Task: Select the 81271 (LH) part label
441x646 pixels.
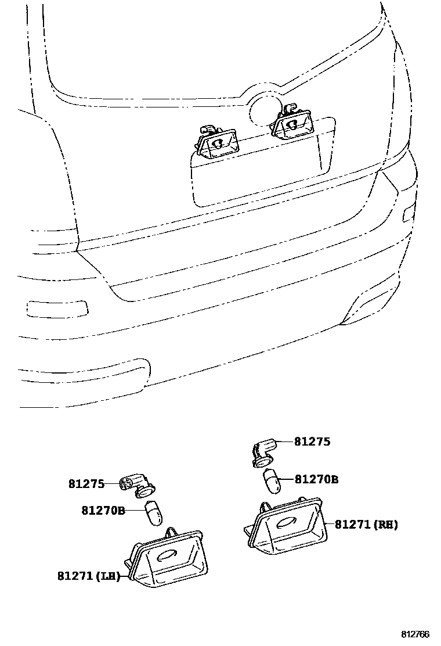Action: click(x=88, y=576)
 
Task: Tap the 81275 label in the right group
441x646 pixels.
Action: click(x=312, y=442)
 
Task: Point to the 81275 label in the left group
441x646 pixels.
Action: click(x=86, y=483)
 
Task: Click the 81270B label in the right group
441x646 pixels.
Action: click(x=316, y=480)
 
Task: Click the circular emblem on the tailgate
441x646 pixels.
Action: click(x=264, y=110)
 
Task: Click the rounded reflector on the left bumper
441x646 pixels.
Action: click(x=57, y=307)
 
